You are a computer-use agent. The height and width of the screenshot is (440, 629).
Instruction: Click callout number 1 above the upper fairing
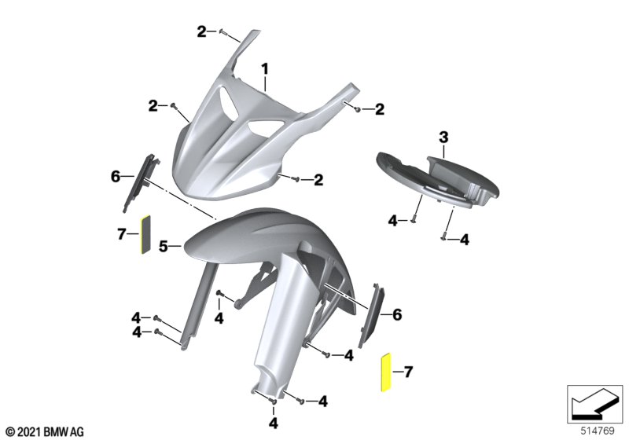point(265,69)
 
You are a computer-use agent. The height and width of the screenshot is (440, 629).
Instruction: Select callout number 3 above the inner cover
point(443,137)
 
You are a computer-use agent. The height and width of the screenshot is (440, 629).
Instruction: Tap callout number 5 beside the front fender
point(163,246)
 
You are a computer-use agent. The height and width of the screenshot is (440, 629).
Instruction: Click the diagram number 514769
point(598,431)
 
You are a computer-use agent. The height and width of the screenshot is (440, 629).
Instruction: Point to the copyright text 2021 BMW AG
point(45,432)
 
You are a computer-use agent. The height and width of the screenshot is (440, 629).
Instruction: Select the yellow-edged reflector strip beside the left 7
point(145,234)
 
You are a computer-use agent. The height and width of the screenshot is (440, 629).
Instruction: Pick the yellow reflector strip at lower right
point(385,372)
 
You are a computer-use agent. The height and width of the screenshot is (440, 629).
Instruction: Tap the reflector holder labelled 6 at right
point(370,315)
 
